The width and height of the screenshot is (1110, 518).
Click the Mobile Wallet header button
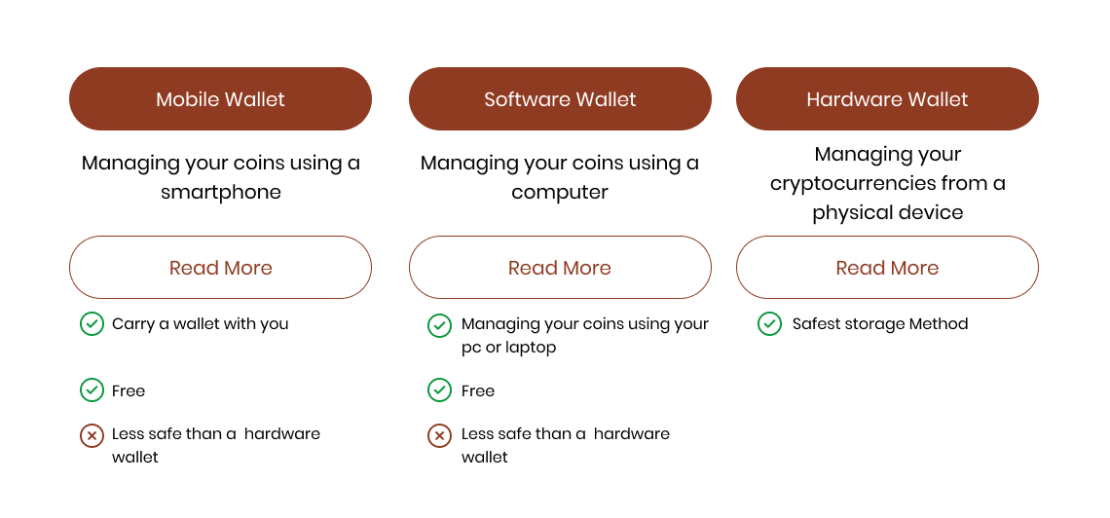click(220, 99)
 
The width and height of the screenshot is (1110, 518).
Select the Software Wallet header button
click(560, 99)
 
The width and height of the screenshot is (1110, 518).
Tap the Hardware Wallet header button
click(887, 99)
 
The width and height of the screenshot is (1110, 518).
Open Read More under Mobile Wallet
click(220, 268)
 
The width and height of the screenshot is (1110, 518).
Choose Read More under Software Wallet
click(560, 268)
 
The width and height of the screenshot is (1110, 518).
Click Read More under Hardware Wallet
click(887, 268)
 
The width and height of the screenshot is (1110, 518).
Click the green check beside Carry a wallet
click(92, 324)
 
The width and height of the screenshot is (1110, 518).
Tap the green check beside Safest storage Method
click(769, 324)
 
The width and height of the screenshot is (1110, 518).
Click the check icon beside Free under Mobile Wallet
click(92, 389)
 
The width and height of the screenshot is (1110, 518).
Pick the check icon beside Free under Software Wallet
click(439, 389)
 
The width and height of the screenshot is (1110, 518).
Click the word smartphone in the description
click(221, 193)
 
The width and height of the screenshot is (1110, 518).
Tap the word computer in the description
click(560, 193)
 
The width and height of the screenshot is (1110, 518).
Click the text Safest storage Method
click(880, 324)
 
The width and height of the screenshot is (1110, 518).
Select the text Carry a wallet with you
click(201, 324)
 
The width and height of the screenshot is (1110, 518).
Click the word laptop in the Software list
click(531, 348)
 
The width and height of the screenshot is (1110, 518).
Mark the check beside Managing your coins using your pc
click(439, 325)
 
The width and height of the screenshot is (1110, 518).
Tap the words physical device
click(888, 213)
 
